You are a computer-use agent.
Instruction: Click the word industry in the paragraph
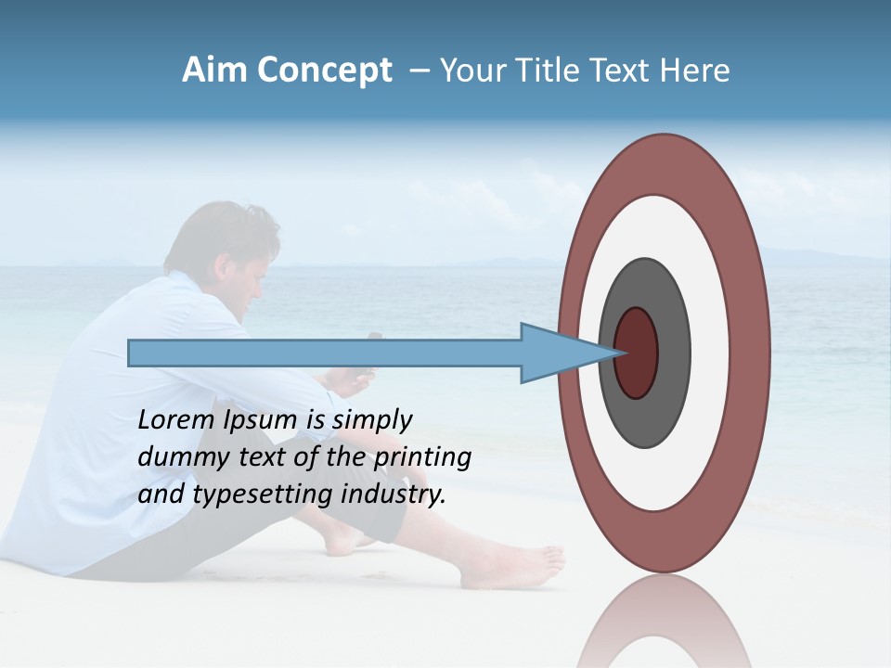[394, 495]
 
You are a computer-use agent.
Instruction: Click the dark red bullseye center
[637, 353]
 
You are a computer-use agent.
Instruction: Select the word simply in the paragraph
[372, 420]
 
